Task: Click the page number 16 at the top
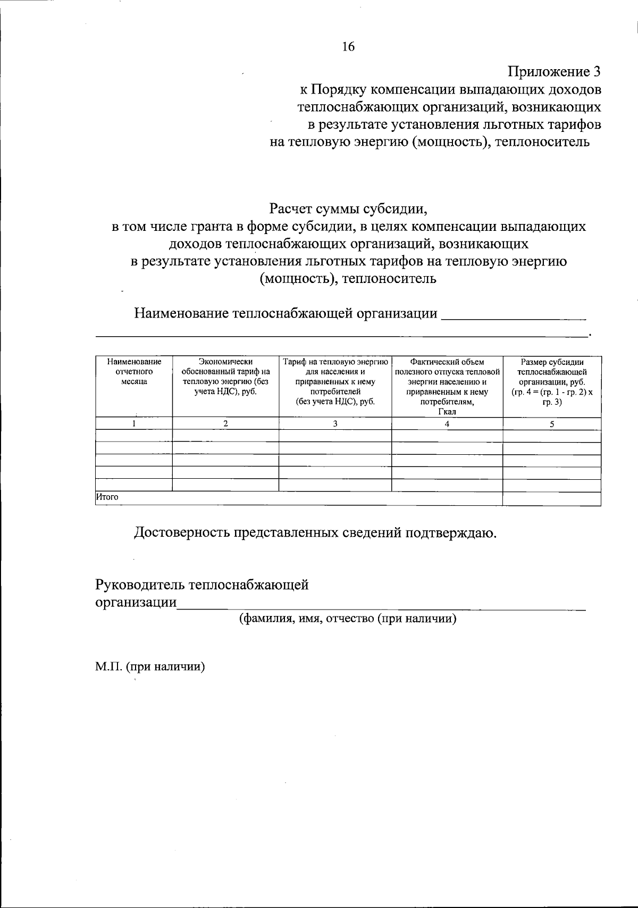[348, 47]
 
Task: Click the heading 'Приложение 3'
[555, 72]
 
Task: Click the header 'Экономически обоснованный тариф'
[225, 377]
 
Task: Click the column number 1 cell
[134, 424]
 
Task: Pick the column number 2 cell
[225, 424]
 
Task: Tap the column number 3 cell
[335, 424]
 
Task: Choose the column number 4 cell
[447, 424]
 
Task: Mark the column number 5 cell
[552, 424]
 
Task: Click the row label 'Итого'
[107, 497]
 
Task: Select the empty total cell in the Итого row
[552, 498]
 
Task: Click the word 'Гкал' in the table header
[447, 412]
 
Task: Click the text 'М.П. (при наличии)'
[150, 667]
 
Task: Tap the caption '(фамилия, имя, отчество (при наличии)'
[348, 619]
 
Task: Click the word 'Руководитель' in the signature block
[140, 585]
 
